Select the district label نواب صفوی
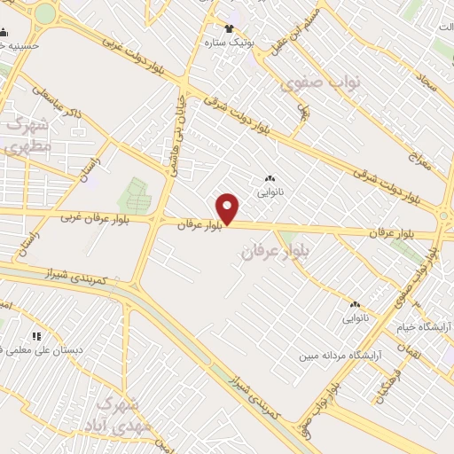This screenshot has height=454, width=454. coord(320,82)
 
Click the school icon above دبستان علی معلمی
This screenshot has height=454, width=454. coord(36,336)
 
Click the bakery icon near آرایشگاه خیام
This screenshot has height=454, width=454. coord(355,303)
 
